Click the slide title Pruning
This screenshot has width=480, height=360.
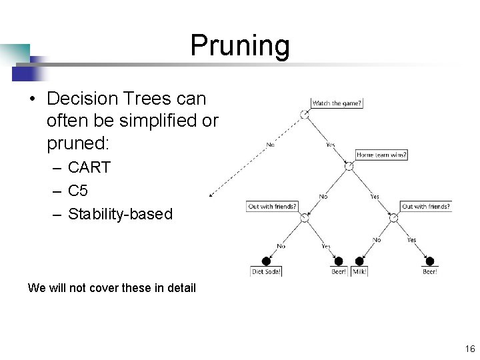point(240,46)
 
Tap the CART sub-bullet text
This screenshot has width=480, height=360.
point(89,167)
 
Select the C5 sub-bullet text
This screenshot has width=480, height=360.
point(78,191)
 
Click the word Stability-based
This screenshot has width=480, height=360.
point(120,214)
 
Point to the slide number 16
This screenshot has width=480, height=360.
point(469,349)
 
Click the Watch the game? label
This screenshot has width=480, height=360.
point(337,103)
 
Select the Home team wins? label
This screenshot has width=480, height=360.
point(381,155)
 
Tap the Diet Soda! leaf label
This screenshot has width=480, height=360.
point(267,271)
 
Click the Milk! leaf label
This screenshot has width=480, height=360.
point(360,271)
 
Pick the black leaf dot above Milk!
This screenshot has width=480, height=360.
point(359,261)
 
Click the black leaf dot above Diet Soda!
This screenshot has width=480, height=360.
point(267,261)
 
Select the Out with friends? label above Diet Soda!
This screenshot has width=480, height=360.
point(272,207)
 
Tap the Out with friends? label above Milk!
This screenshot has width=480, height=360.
point(426,207)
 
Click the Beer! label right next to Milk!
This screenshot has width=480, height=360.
point(339,271)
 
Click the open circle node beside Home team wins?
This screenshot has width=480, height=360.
point(348,165)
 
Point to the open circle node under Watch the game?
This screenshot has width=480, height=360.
point(304,114)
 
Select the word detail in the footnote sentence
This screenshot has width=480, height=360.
point(181,288)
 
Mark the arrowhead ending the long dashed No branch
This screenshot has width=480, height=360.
point(210,195)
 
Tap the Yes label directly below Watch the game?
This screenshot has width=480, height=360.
point(330,145)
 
